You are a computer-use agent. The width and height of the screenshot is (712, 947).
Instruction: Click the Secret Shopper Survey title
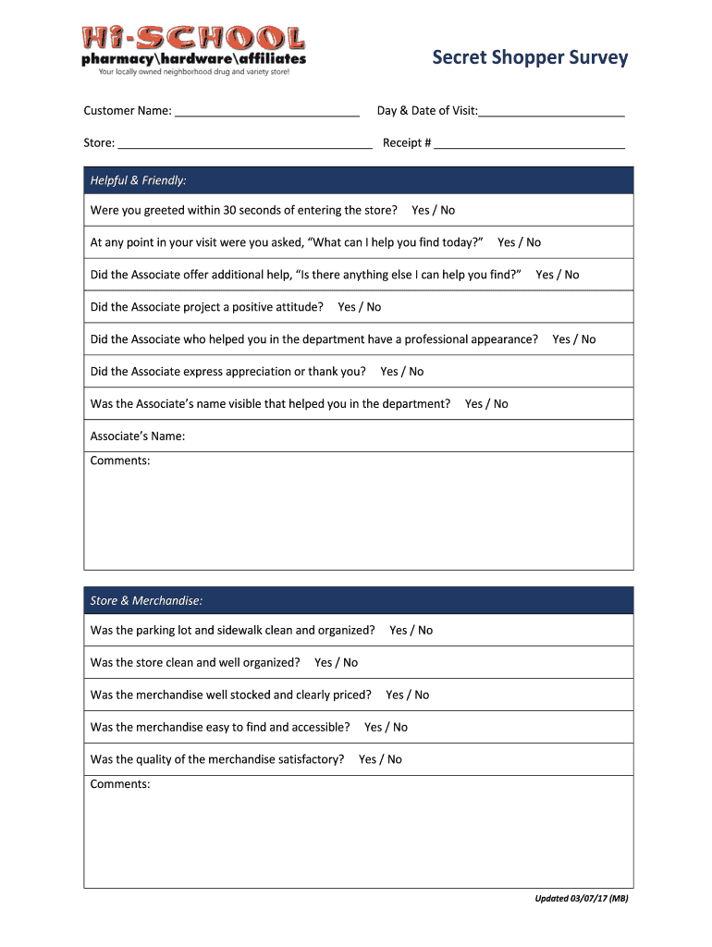(x=530, y=57)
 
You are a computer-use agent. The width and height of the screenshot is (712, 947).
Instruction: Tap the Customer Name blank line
(x=266, y=112)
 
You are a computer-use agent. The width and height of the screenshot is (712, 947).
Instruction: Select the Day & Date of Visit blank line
(x=551, y=112)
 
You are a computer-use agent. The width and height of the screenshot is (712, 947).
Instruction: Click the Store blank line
(x=245, y=144)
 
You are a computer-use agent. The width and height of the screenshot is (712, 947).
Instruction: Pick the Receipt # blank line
(x=529, y=144)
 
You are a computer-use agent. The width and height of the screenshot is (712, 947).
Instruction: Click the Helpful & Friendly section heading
(x=139, y=180)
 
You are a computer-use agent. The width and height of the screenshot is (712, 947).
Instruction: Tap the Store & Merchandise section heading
(x=146, y=601)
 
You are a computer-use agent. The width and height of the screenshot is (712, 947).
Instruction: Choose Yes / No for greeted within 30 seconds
(x=433, y=211)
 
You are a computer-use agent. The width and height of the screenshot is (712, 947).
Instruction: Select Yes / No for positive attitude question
(x=359, y=307)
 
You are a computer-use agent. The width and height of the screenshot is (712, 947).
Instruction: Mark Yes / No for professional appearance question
(x=573, y=339)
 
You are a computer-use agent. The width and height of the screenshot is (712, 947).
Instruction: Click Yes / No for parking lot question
(x=411, y=631)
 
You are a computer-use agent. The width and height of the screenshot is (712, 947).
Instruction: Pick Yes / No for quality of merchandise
(x=380, y=760)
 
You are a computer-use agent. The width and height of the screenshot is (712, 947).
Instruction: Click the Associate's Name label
(x=138, y=437)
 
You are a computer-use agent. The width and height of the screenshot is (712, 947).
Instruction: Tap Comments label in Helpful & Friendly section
(x=120, y=461)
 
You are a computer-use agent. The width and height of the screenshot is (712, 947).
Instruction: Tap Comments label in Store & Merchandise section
(x=120, y=784)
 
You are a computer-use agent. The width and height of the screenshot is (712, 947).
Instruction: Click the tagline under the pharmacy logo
(x=193, y=72)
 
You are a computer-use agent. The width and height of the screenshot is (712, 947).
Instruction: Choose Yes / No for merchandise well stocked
(x=407, y=695)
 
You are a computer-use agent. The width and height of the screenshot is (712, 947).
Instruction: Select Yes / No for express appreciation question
(x=401, y=372)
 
